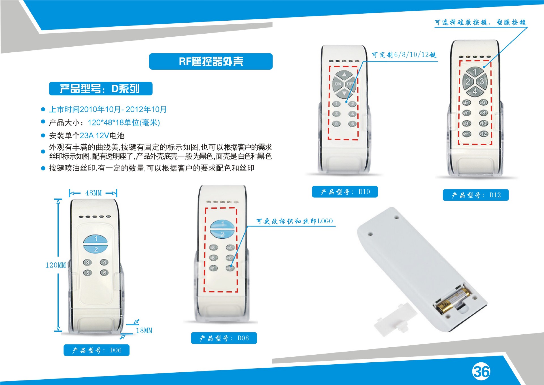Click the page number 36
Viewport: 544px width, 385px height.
tap(481, 371)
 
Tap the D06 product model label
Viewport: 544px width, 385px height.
tap(96, 350)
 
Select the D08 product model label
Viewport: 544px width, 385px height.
tap(224, 338)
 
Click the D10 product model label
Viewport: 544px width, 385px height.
tap(345, 192)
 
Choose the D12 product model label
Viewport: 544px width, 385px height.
tap(476, 195)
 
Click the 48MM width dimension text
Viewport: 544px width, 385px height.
tap(93, 193)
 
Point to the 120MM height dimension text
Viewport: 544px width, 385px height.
tap(56, 265)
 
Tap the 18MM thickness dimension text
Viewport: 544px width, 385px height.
tap(144, 330)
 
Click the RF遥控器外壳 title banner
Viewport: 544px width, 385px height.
tap(211, 61)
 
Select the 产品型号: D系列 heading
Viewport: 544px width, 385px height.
tap(101, 89)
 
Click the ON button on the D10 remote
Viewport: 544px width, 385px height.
tap(338, 84)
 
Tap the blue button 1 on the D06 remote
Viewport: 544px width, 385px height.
tap(95, 239)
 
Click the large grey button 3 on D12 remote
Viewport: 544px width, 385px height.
tap(482, 82)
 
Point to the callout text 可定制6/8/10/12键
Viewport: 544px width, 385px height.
tap(404, 55)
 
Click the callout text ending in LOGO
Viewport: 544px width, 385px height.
tap(294, 221)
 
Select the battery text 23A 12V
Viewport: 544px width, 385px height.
tap(94, 136)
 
